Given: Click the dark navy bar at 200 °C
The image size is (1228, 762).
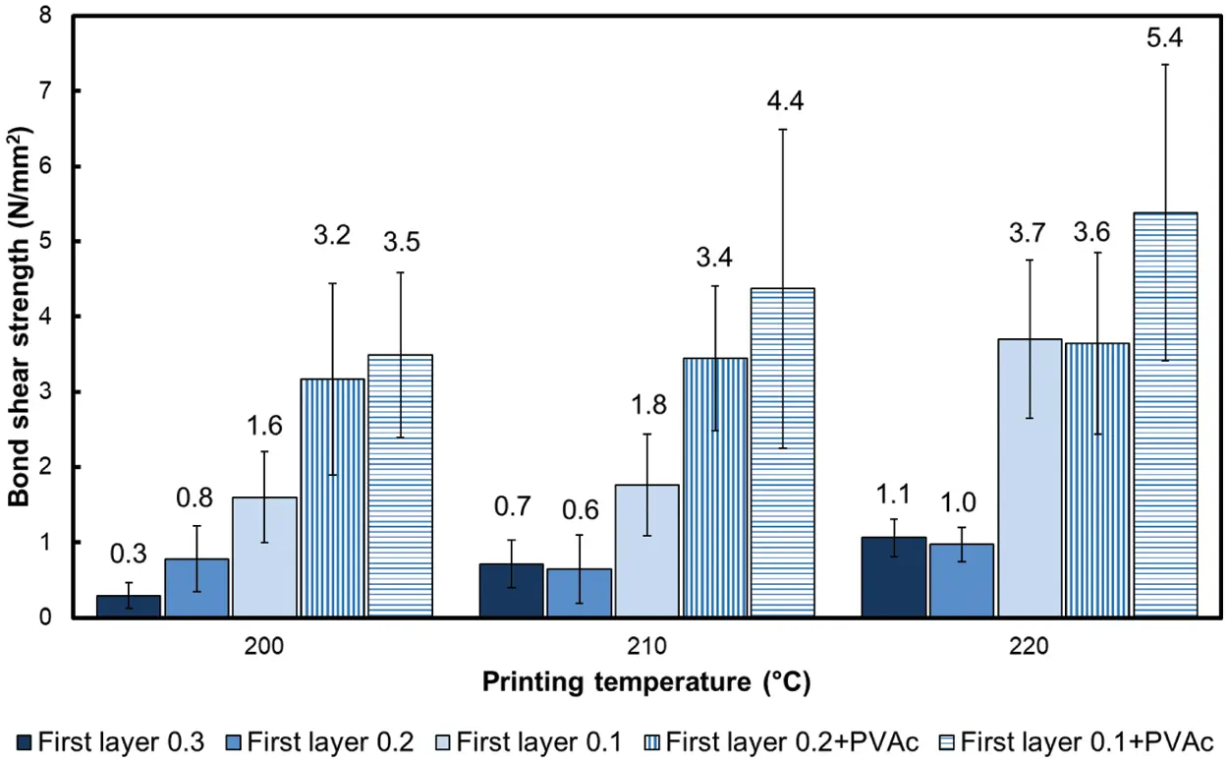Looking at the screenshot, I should point(128,607).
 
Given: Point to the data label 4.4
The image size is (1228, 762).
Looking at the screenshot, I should point(782,100).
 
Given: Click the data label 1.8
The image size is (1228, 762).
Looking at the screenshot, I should point(646,405).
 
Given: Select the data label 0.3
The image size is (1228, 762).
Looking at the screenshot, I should point(128,554).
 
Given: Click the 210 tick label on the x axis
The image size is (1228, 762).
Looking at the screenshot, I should point(646,648).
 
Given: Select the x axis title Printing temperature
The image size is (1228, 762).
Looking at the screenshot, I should point(646,680).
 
